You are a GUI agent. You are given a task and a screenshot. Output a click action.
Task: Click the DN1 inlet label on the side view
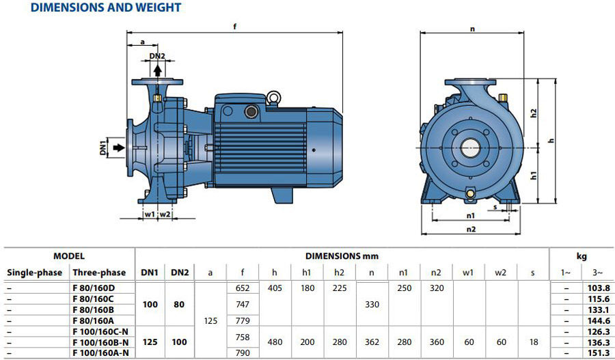point(103,148)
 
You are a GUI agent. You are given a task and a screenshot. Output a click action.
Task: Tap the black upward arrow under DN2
point(157,70)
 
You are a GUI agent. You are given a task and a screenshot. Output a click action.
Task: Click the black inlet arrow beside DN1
point(118,148)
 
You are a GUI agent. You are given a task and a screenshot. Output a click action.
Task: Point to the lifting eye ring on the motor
point(272,97)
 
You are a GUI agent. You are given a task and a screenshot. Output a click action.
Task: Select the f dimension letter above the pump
point(235,27)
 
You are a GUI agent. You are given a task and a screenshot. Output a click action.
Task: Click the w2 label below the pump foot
point(165,214)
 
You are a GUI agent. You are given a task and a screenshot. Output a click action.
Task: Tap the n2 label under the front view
point(471,229)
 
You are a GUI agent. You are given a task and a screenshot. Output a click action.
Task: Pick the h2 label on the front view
point(533,113)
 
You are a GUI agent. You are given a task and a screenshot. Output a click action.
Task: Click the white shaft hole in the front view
point(471,148)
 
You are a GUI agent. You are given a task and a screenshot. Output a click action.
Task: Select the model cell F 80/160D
point(94,288)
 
